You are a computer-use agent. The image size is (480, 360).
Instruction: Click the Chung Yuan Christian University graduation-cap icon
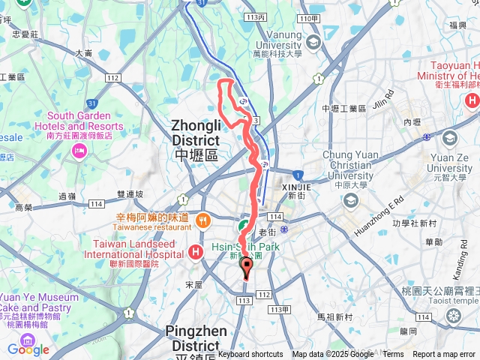[x=350, y=200]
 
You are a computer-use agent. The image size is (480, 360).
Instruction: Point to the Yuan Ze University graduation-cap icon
[x=449, y=138]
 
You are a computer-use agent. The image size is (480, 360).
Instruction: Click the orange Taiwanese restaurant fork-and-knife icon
[x=202, y=220]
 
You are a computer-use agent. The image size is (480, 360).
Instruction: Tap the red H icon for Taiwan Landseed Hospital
[x=196, y=251]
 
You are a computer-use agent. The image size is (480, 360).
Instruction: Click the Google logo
[x=28, y=349]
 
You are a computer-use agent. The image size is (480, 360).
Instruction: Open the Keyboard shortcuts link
[x=250, y=355]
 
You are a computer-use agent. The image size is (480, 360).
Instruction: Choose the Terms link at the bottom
[x=393, y=355]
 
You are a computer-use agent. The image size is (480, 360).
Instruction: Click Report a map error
[x=445, y=355]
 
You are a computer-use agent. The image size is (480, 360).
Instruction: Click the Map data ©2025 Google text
[x=333, y=355]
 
